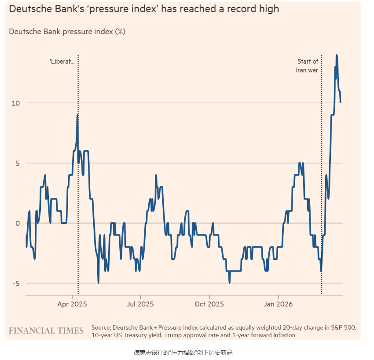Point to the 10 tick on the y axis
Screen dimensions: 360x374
tap(16, 103)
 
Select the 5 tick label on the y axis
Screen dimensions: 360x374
tap(18, 163)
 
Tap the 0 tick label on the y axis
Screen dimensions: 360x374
tap(18, 223)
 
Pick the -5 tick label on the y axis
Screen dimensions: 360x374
tap(16, 284)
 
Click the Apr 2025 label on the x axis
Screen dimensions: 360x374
tap(73, 304)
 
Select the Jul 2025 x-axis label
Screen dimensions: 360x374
tap(140, 304)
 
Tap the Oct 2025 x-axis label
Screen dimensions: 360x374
tap(209, 304)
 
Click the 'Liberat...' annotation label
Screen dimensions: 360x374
tap(62, 62)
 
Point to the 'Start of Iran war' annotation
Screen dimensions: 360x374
tap(307, 65)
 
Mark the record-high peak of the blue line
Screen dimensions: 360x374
tap(337, 55)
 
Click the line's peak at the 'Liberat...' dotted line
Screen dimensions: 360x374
tap(77, 115)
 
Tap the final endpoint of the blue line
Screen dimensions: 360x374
tap(341, 102)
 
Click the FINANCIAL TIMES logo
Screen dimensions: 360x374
tap(46, 331)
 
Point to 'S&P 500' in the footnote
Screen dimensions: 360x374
tap(343, 327)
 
